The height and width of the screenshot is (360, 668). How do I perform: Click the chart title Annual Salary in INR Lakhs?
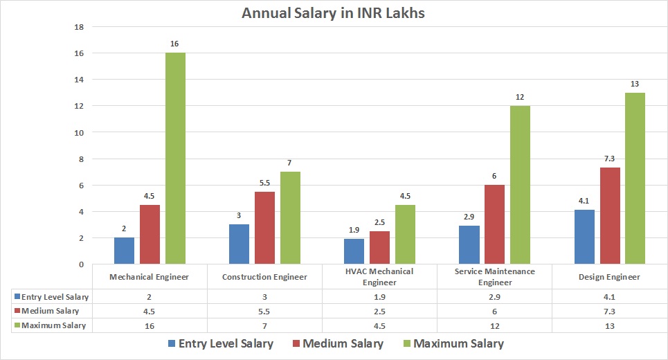pyautogui.click(x=333, y=12)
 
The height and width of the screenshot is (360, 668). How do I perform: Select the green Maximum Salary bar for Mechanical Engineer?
pyautogui.click(x=175, y=159)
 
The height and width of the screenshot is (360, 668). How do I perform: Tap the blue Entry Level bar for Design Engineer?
pyautogui.click(x=584, y=237)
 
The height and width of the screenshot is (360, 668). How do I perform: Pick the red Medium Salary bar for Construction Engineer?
pyautogui.click(x=265, y=228)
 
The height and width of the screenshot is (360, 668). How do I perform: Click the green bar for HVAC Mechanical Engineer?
pyautogui.click(x=405, y=235)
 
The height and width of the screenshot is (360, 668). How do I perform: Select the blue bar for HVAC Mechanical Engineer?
pyautogui.click(x=354, y=251)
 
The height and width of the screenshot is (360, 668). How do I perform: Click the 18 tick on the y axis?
pyautogui.click(x=79, y=27)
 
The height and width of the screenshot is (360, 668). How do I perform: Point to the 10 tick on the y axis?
pyautogui.click(x=79, y=132)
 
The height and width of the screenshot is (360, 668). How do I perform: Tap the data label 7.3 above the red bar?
pyautogui.click(x=609, y=159)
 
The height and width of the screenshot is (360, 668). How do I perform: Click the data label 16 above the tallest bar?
pyautogui.click(x=174, y=44)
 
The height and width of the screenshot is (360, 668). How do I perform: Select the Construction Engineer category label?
pyautogui.click(x=264, y=277)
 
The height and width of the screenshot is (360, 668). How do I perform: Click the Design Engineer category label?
pyautogui.click(x=609, y=277)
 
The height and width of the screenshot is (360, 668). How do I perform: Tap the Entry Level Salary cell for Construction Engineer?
pyautogui.click(x=264, y=297)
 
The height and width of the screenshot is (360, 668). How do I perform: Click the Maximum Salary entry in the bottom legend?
pyautogui.click(x=451, y=343)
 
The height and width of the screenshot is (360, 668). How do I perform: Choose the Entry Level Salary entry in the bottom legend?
pyautogui.click(x=221, y=343)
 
